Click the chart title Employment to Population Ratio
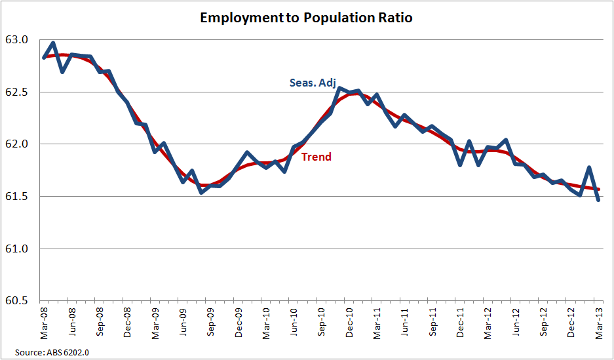(x=307, y=18)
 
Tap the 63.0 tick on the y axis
(x=18, y=40)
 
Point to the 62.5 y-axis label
(x=18, y=92)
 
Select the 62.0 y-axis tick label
(x=18, y=144)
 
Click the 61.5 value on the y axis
(x=18, y=197)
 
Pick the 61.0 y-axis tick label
(x=18, y=249)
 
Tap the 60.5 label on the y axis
(x=18, y=302)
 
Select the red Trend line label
(x=317, y=157)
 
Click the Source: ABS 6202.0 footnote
(x=52, y=353)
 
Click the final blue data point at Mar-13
(x=599, y=200)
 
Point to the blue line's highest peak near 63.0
(x=53, y=43)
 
